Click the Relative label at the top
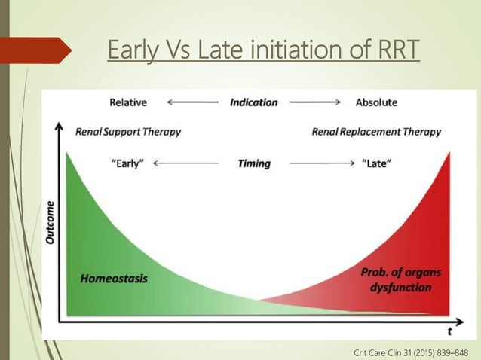pos(128,102)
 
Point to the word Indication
pos(253,102)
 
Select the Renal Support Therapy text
pos(128,132)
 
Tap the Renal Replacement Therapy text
pos(376,132)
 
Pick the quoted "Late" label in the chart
pos(376,163)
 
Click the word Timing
pos(253,163)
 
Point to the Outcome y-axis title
pos(50,222)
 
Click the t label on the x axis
pos(449,331)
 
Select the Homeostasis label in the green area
pos(114,278)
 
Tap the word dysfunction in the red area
pos(397,287)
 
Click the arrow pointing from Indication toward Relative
pos(192,102)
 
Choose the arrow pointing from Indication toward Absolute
pos(314,102)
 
